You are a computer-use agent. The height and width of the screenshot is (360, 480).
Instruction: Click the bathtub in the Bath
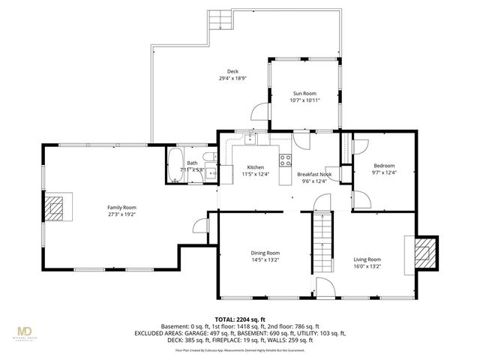click(175, 164)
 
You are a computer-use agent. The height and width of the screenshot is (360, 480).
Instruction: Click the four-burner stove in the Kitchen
click(285, 159)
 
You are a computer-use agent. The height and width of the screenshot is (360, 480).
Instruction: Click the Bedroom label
click(383, 166)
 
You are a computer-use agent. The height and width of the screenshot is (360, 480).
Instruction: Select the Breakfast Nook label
click(315, 173)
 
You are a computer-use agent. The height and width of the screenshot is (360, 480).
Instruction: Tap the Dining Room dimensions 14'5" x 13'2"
click(265, 261)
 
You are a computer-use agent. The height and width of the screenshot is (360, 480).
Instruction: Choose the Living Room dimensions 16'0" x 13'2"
click(367, 266)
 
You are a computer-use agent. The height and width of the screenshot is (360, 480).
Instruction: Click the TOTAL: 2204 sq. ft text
click(240, 319)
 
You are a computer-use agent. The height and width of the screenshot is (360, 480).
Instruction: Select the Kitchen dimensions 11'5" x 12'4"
click(255, 174)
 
